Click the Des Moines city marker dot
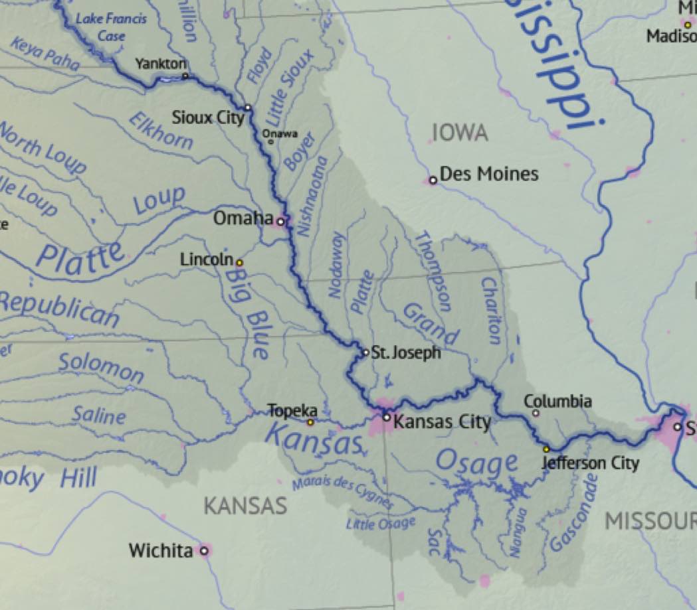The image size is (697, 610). tap(433, 180)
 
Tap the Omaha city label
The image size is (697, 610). tap(243, 218)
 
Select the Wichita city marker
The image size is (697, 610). tap(204, 550)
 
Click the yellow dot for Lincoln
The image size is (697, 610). tap(240, 263)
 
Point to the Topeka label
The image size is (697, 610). tap(292, 411)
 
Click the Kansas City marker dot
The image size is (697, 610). tap(386, 417)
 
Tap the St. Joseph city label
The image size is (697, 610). tap(405, 352)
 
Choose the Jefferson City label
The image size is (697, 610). tap(590, 463)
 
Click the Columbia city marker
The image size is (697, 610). tap(536, 413)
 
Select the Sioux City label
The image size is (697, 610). tap(208, 118)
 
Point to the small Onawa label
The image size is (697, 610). tap(280, 133)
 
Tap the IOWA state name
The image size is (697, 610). tap(460, 133)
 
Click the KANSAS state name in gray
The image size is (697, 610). tap(245, 506)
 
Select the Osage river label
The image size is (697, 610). tap(476, 463)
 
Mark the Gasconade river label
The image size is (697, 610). tap(574, 512)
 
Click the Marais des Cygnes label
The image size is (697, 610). tap(343, 493)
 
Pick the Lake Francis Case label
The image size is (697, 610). tap(111, 27)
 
